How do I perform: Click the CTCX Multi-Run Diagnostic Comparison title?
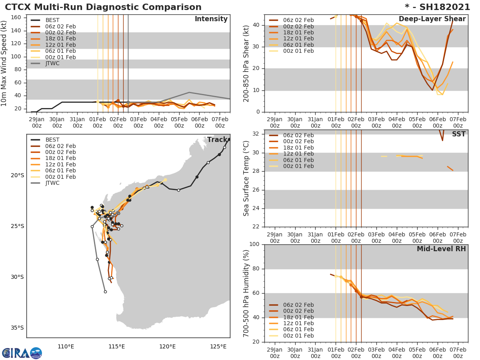(103, 7)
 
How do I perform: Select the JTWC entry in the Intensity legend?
(52, 63)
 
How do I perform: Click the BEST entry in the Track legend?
(52, 140)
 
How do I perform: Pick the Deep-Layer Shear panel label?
(432, 19)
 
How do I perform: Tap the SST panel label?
(458, 134)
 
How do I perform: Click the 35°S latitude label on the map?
(17, 328)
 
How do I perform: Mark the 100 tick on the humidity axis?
(254, 244)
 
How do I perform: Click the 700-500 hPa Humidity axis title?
(246, 293)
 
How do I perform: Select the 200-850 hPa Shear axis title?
(246, 63)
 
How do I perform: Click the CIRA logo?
(22, 353)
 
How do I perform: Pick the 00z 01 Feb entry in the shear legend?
(298, 51)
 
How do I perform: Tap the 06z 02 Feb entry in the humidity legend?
(298, 305)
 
